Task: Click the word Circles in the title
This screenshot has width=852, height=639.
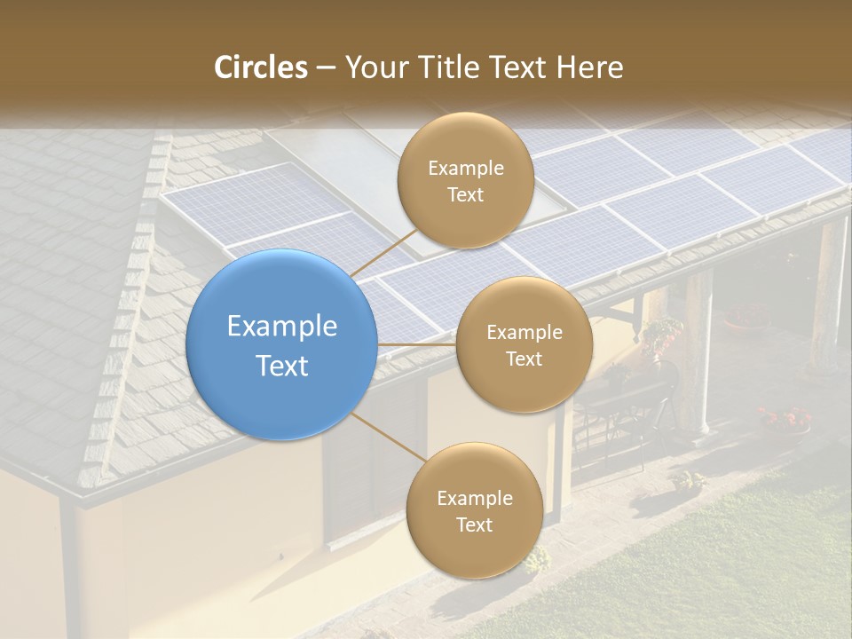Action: click(261, 67)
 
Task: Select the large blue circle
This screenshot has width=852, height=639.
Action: click(282, 344)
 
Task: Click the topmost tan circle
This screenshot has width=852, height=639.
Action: click(465, 181)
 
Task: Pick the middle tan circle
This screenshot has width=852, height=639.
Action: click(525, 344)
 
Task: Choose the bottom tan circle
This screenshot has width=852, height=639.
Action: click(474, 510)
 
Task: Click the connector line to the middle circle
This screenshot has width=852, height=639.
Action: click(416, 344)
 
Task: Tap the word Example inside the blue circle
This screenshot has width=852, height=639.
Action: click(282, 327)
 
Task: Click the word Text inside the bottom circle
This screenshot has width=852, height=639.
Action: click(474, 525)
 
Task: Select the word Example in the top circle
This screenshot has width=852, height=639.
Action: click(465, 168)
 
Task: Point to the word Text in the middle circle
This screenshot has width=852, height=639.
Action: click(525, 359)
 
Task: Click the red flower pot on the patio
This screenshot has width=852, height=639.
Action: click(785, 418)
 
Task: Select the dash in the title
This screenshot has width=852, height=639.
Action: click(326, 67)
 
